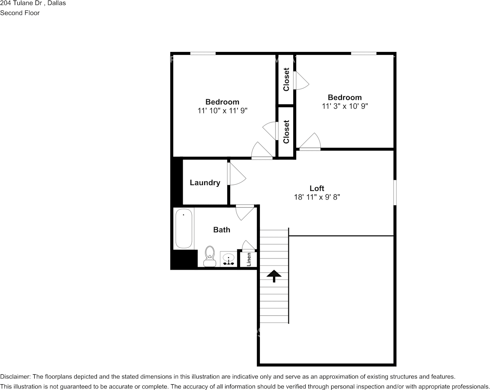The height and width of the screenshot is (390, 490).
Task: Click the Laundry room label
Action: tap(205, 183)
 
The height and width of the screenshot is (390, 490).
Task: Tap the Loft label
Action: tap(317, 188)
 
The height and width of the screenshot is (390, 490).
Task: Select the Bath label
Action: tap(221, 230)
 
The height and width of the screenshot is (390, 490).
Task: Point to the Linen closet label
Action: tap(249, 259)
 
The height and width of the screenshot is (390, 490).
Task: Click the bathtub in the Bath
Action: tap(184, 228)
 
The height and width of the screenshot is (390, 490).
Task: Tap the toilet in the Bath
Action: tap(210, 256)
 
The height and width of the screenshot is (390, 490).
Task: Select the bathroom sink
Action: tap(229, 259)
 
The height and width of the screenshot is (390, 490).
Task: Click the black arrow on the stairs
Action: tap(274, 276)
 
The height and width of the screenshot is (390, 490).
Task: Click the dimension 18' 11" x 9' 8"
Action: tap(317, 197)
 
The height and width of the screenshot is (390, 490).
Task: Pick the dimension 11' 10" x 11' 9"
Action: tap(222, 110)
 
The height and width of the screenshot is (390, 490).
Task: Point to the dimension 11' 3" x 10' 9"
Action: tap(345, 106)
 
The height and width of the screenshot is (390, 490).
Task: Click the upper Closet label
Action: tap(286, 79)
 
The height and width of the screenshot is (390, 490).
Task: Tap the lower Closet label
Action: tap(286, 132)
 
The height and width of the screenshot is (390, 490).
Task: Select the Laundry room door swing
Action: tap(238, 175)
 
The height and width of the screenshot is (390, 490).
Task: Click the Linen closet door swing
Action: tap(249, 245)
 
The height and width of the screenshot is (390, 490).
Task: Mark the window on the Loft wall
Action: tap(395, 193)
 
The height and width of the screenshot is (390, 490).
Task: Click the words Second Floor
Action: tap(20, 13)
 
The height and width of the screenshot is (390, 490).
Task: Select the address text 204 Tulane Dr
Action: tap(21, 3)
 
